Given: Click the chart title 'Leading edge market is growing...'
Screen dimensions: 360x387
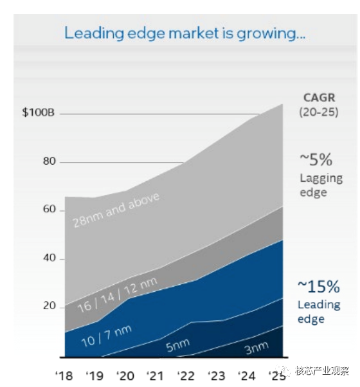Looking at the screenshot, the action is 184,33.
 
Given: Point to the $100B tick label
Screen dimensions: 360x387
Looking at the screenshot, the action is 38,113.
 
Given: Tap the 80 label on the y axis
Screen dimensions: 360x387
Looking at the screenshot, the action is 50,161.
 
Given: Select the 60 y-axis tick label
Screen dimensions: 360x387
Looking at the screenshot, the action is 50,210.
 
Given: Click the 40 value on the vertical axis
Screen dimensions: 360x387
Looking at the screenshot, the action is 50,258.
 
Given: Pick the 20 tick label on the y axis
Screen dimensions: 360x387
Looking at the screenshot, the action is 50,306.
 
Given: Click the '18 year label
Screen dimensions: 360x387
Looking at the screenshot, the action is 64,376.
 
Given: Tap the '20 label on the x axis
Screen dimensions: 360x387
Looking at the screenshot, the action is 125,376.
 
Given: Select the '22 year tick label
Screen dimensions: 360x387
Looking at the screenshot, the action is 186,376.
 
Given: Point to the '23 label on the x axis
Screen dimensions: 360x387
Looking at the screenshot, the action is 217,376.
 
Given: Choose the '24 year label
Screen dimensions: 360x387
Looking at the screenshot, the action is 247,376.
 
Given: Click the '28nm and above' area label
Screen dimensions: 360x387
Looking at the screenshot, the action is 116,210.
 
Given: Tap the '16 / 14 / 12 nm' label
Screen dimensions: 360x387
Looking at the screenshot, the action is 118,295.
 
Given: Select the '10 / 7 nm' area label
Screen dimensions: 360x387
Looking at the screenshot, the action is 107,336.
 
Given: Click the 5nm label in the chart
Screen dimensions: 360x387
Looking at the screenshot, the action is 178,345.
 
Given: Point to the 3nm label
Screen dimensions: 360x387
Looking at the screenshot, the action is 256,348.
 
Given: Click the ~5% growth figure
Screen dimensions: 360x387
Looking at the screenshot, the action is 316,159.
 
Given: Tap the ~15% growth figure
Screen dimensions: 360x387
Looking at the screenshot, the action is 319,287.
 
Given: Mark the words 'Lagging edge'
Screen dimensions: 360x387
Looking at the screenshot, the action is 321,185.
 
